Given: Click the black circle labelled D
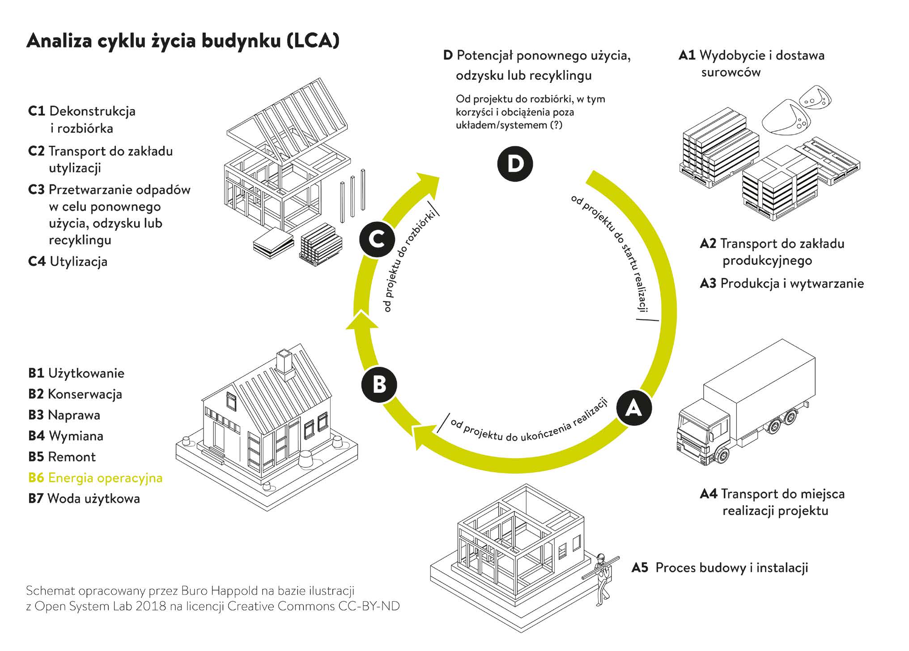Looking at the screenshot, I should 515,164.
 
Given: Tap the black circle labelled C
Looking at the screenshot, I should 377,239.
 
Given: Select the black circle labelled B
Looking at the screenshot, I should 379,384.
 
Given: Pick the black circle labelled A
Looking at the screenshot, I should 633,408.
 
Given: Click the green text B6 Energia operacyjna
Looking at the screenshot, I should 95,478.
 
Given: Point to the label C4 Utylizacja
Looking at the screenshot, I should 68,261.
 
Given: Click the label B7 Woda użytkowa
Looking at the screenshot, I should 84,498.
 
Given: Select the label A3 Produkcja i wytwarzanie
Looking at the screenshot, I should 782,283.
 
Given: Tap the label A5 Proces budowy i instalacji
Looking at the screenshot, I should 720,568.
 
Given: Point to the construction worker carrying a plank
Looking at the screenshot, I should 602,579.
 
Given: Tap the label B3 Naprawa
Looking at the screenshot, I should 64,415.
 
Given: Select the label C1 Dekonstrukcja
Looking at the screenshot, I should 82,111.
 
